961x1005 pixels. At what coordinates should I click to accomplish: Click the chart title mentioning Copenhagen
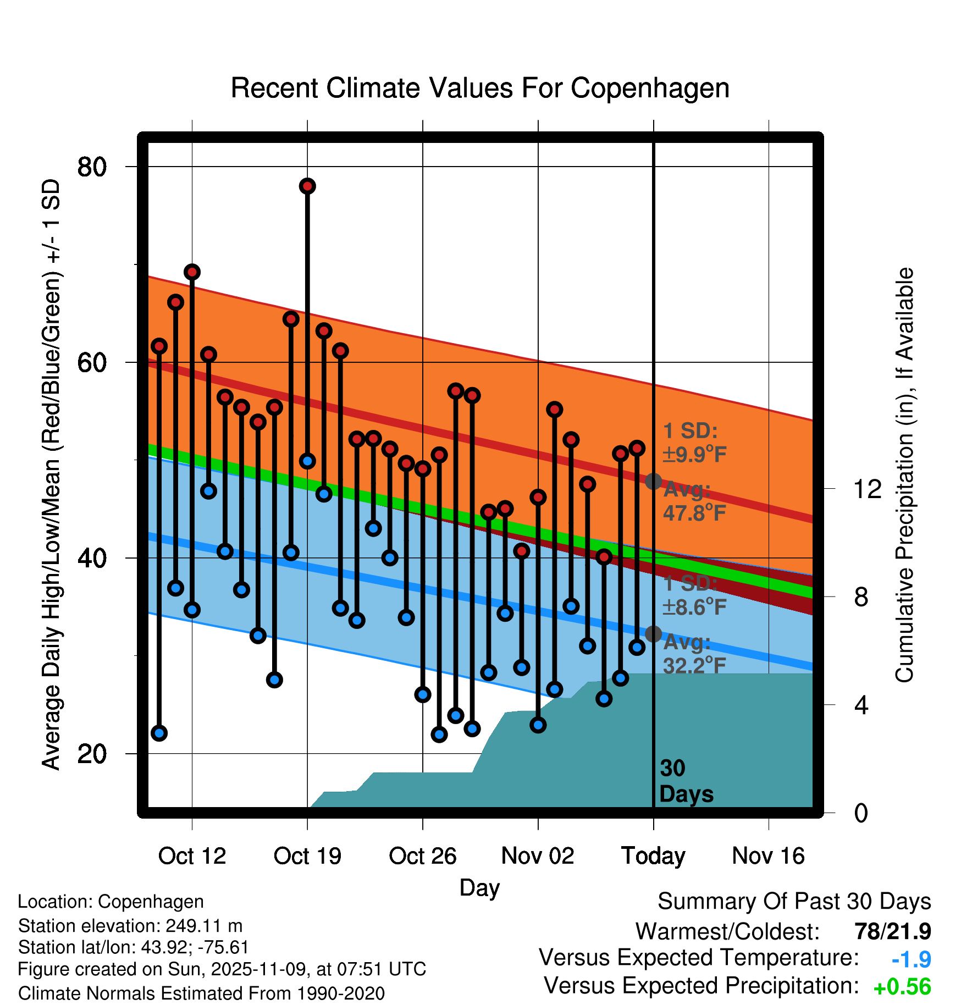coord(480,88)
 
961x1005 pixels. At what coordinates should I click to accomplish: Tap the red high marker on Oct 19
coord(307,186)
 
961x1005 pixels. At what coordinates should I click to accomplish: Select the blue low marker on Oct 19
coord(307,461)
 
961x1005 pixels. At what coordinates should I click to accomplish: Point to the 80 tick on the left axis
coord(92,167)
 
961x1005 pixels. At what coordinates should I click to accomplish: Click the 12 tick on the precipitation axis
coord(867,489)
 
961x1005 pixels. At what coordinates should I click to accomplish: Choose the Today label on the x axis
coord(653,856)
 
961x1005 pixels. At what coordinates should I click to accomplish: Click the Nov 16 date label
coord(768,856)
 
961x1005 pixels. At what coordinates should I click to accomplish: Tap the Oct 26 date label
coord(422,856)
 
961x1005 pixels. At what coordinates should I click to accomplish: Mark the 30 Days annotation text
coord(686,781)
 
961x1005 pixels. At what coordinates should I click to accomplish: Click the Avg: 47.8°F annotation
coord(694,501)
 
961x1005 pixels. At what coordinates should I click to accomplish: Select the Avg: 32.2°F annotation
coord(694,654)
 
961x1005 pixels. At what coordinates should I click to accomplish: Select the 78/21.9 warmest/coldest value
coord(892,931)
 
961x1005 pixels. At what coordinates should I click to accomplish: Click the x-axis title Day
coord(479,887)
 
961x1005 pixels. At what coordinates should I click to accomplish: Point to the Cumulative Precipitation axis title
coord(904,475)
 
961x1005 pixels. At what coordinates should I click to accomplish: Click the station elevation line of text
coord(130,926)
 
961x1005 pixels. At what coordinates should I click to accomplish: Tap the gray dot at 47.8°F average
coord(653,482)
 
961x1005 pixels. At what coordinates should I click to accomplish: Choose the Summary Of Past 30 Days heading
coord(794,902)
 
